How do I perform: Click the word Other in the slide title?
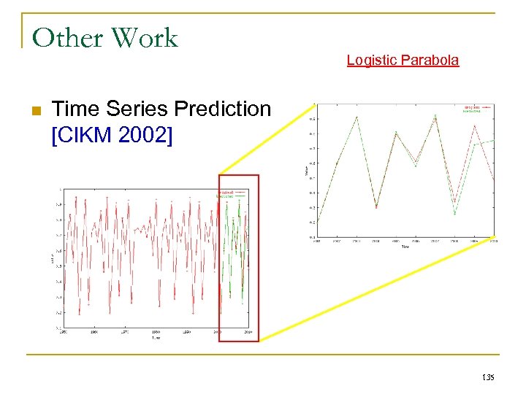coord(64,37)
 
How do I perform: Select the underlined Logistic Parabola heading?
coord(403,61)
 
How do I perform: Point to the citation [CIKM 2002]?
coord(113,134)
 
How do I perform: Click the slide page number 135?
coord(488,377)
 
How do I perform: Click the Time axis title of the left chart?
coord(155,338)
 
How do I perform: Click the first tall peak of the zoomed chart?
coord(357,117)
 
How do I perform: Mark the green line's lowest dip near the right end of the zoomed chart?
coord(454,214)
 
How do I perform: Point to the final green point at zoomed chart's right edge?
coord(494,140)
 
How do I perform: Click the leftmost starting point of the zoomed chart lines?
coord(317,223)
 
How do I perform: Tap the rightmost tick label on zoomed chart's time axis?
coord(494,241)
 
